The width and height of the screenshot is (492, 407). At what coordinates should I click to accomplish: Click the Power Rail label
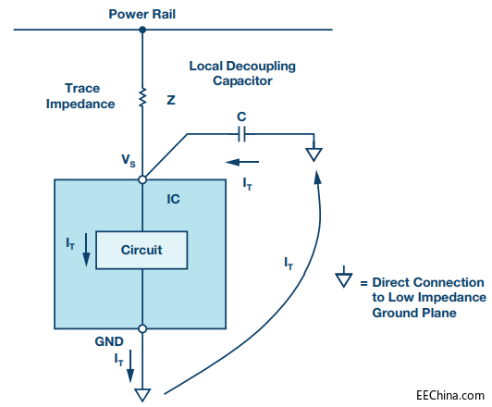pos(141,15)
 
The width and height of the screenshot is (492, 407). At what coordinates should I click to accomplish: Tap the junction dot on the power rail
pos(142,30)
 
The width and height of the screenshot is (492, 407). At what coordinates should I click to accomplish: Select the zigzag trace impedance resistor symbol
pos(142,98)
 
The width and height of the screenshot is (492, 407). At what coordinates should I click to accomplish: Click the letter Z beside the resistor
pos(171,100)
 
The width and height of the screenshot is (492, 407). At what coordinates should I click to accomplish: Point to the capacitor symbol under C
pos(241,134)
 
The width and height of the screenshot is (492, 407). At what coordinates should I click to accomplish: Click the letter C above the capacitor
pos(241,117)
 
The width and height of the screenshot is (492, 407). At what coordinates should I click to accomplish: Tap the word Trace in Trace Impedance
pos(82,88)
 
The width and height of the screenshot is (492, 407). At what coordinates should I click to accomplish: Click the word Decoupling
pos(261,67)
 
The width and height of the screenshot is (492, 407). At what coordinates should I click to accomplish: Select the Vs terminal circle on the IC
pos(142,179)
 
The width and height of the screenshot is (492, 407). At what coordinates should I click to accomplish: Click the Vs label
pos(129,160)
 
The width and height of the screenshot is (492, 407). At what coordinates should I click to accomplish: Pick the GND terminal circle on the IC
pos(142,329)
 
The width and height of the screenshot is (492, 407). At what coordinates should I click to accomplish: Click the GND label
pos(109,341)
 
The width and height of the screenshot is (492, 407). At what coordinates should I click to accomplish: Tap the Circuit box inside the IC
pos(141,250)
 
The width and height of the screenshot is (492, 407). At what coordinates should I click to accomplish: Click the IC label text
pos(173,199)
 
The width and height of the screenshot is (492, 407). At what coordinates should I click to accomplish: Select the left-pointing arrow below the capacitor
pos(242,162)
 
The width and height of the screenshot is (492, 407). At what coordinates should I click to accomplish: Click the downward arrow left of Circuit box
pos(86,250)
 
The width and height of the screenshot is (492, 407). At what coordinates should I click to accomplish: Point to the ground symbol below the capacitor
pos(314,152)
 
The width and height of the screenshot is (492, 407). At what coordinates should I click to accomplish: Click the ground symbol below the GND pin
pos(142,395)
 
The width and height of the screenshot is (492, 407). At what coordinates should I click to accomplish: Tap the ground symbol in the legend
pos(344,277)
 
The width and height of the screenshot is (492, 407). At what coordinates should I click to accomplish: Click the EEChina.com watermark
pos(450,395)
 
